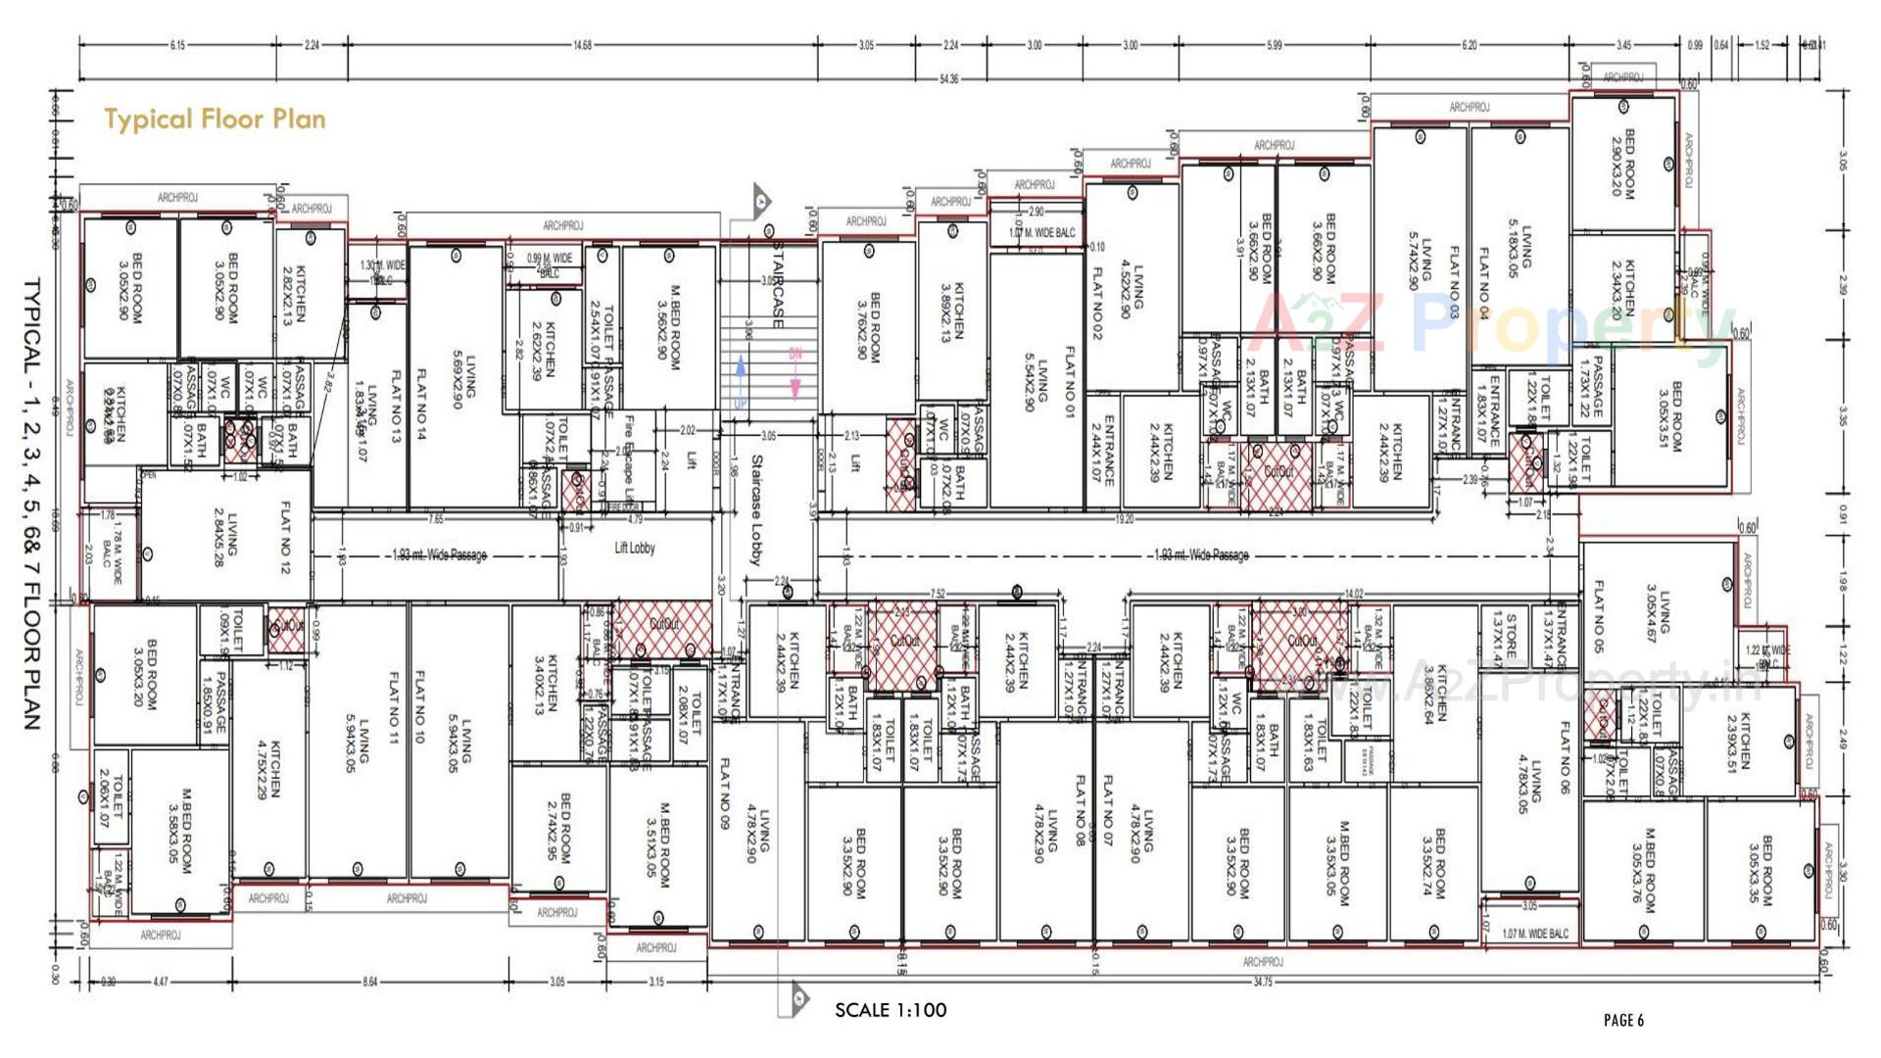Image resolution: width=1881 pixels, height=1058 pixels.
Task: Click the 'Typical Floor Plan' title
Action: click(x=215, y=120)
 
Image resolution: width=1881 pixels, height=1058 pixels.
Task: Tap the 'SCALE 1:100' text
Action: click(x=891, y=1010)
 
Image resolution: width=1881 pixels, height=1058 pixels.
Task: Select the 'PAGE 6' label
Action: click(x=1623, y=1021)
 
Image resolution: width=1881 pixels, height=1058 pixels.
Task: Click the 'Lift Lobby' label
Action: click(x=634, y=549)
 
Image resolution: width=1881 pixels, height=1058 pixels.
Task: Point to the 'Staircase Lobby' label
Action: click(x=756, y=509)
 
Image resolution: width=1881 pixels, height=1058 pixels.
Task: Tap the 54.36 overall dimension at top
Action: click(x=948, y=79)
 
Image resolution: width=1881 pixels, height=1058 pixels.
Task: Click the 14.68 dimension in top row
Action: click(x=582, y=45)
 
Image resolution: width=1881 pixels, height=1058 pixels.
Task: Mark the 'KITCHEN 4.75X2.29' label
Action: click(x=267, y=769)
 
